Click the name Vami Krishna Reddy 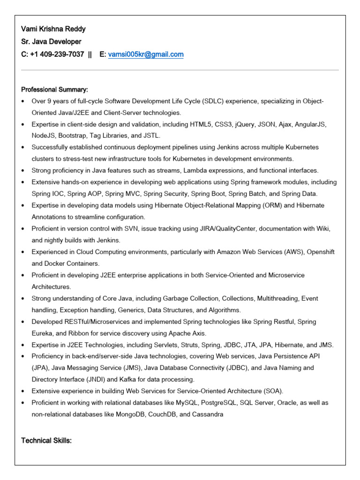tap(53, 29)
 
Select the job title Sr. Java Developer tap(51, 42)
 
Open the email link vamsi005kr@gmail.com tap(146, 54)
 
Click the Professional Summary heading tap(54, 89)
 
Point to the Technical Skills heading tap(46, 441)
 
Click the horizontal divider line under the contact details tap(180, 70)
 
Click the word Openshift tap(319, 252)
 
